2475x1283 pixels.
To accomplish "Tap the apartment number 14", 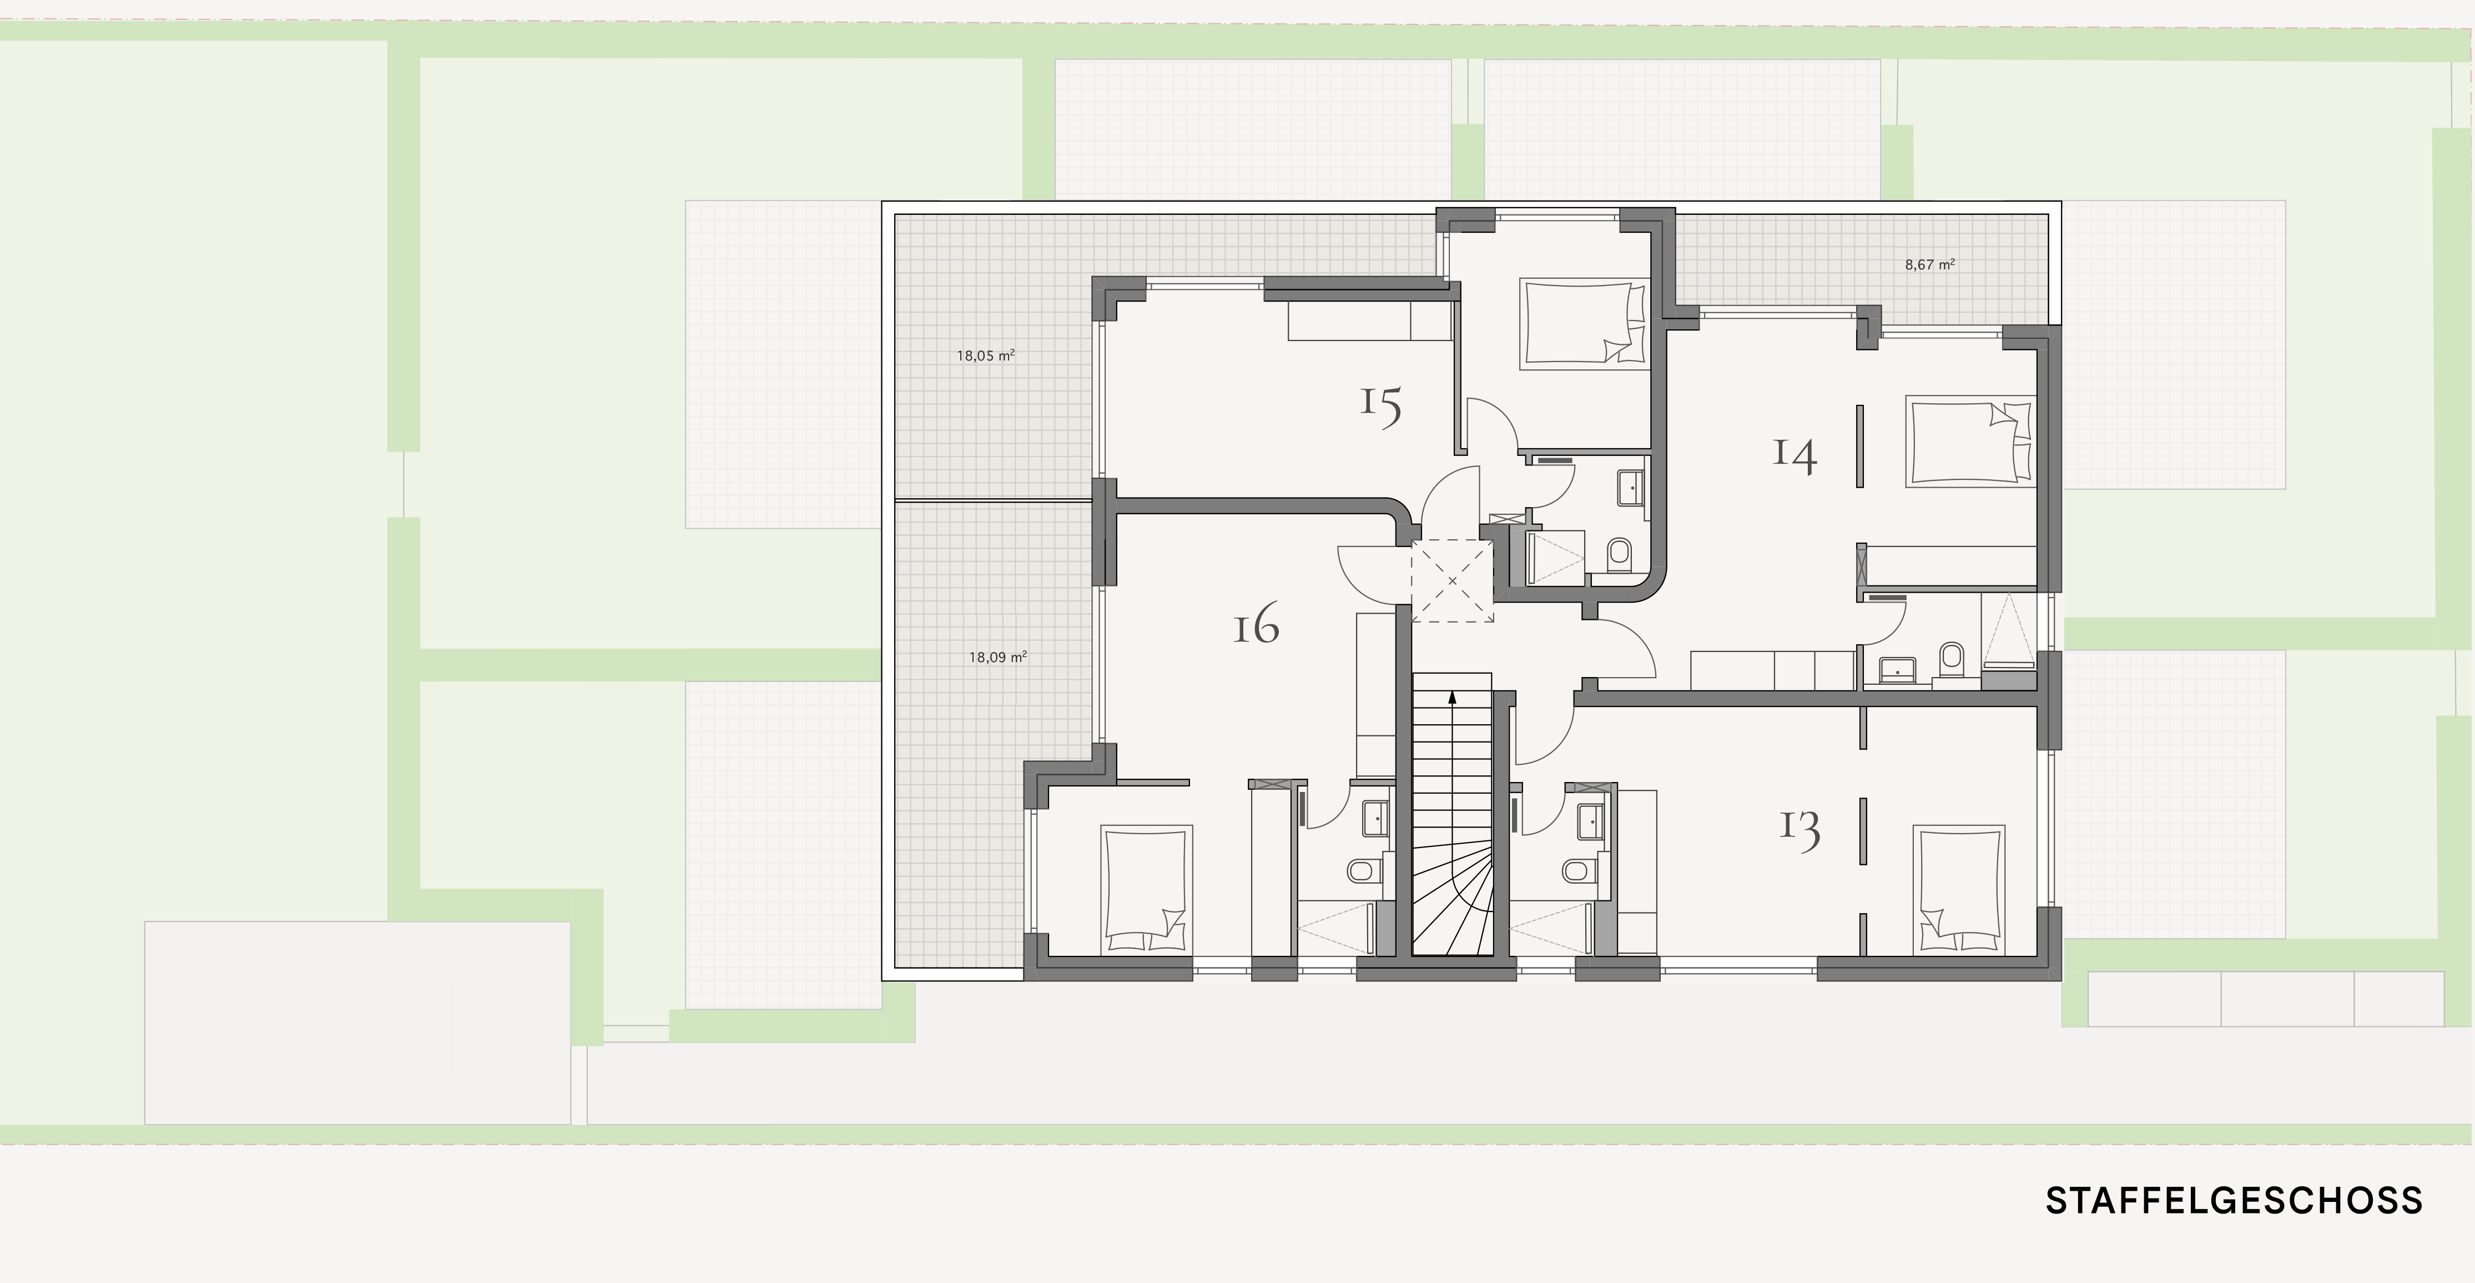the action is pyautogui.click(x=1794, y=454).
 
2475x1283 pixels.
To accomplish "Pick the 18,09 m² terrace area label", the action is pyautogui.click(x=998, y=658).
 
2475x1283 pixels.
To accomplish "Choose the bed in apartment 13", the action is pyautogui.click(x=1959, y=890).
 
